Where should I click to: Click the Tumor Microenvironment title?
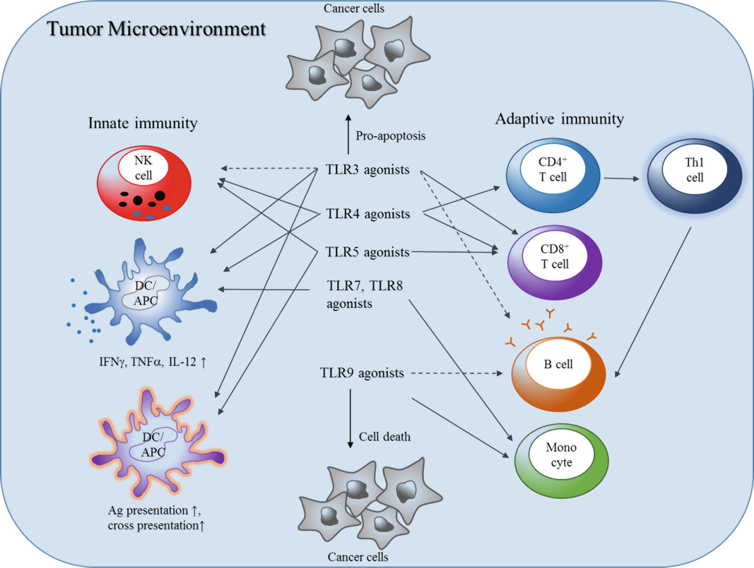156,29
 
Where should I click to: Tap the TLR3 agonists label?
367,170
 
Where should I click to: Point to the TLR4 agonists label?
368,214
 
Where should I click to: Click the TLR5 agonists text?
367,252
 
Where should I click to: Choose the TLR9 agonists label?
362,373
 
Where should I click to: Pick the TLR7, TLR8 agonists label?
364,295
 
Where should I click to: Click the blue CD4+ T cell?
553,175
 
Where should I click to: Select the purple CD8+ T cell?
555,262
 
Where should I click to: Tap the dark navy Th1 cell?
694,176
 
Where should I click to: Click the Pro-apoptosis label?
390,136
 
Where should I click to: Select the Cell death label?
384,437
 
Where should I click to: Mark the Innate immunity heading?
143,123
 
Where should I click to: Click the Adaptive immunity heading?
559,119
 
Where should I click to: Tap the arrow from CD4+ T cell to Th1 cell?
621,178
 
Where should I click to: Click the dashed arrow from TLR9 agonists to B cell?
456,373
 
